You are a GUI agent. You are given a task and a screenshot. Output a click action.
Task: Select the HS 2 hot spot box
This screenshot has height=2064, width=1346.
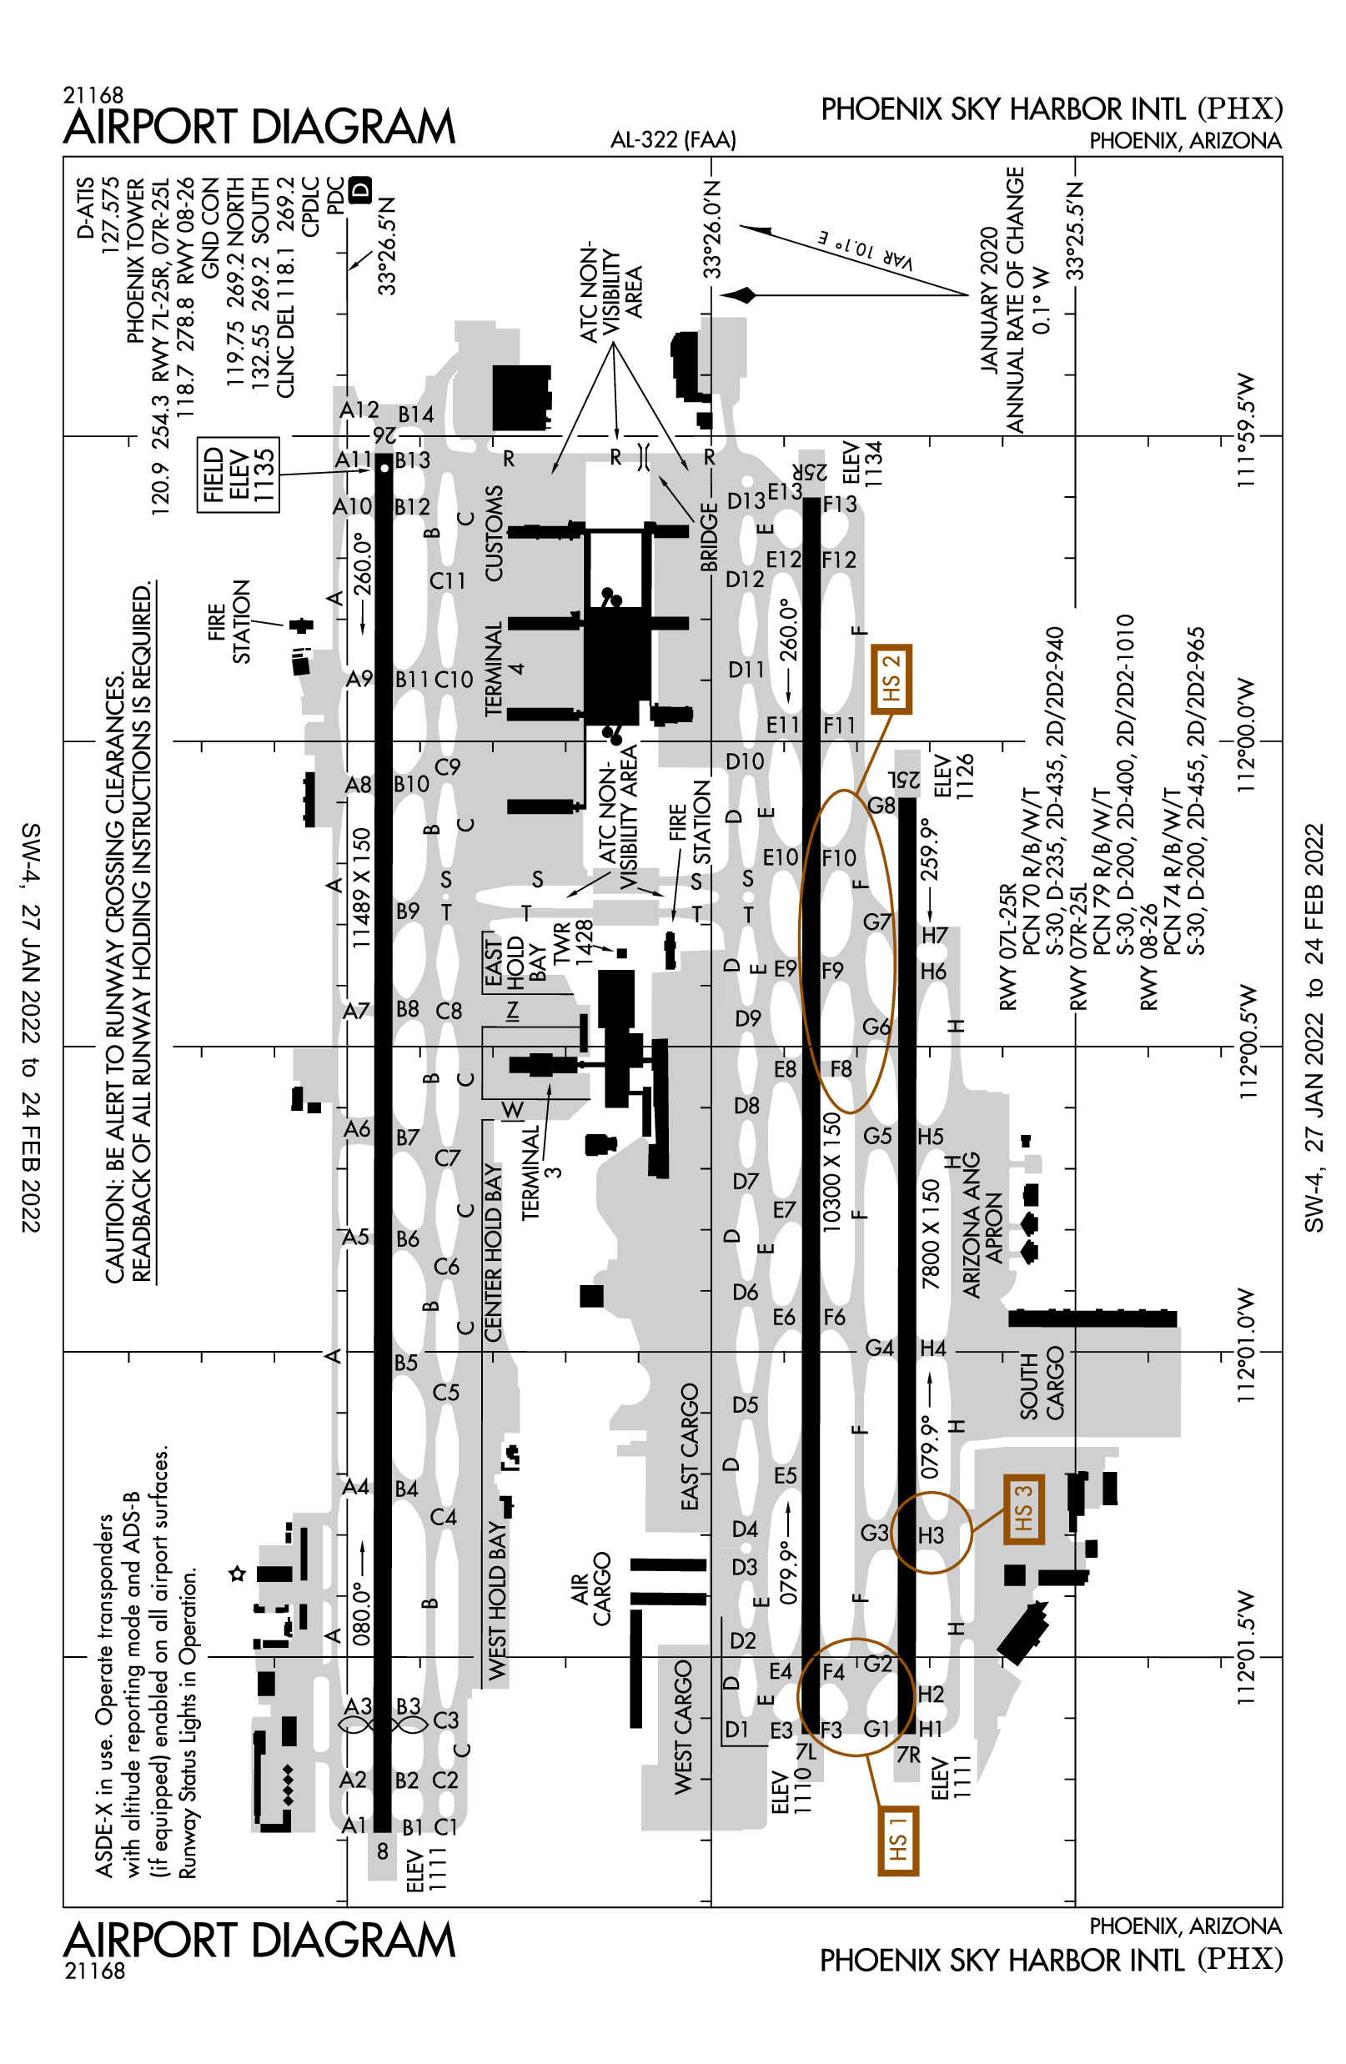[x=891, y=679]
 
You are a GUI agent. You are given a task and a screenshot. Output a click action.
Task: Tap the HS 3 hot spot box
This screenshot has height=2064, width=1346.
[x=1022, y=1508]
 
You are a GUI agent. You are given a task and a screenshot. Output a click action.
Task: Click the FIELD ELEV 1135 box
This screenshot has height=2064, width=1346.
[x=238, y=475]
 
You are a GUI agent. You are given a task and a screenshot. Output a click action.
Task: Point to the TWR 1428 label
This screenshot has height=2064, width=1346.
[x=573, y=942]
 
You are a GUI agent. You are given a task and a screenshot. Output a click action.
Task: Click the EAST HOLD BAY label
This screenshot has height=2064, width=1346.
[x=515, y=961]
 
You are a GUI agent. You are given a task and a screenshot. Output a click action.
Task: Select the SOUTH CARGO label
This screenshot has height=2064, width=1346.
[x=1041, y=1383]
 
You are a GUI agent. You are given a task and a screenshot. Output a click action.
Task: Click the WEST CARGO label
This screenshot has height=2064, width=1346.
[x=683, y=1726]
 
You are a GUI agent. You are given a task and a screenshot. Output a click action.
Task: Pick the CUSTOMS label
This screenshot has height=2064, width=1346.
[x=494, y=533]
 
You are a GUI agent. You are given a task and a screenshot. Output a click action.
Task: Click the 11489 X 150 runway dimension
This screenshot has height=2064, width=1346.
[x=361, y=887]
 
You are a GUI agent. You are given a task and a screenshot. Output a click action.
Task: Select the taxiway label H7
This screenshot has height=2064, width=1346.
[x=934, y=935]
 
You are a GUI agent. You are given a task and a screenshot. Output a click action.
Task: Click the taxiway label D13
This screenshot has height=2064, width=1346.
[x=746, y=500]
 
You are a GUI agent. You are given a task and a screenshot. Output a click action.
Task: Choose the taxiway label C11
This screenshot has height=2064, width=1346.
[x=448, y=580]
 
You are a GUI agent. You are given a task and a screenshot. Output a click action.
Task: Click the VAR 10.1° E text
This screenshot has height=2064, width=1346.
[x=865, y=249]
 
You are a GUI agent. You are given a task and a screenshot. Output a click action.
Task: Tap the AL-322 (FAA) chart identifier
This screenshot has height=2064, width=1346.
[x=673, y=138]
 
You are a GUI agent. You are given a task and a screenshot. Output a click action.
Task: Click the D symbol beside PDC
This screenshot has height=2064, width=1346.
[x=360, y=189]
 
